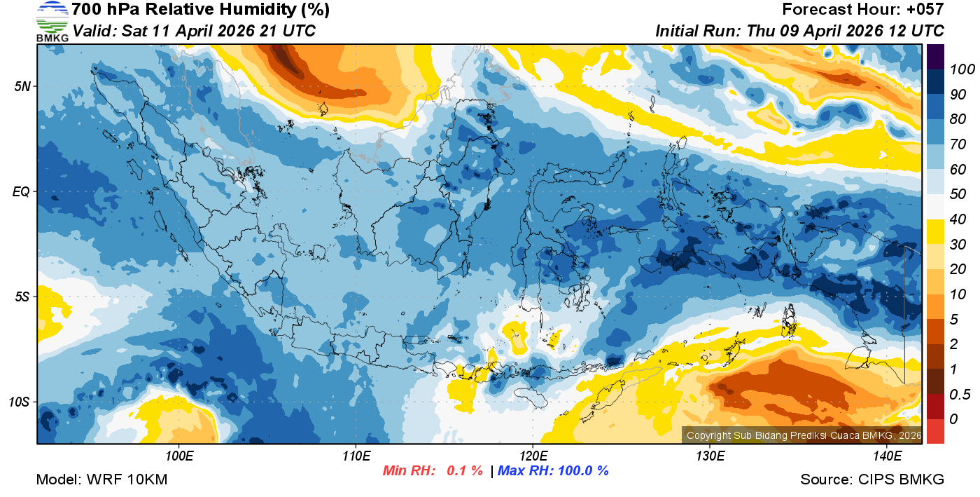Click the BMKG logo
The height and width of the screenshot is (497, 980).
click(52, 22)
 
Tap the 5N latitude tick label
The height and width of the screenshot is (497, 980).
click(22, 86)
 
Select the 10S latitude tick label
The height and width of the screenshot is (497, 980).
click(19, 402)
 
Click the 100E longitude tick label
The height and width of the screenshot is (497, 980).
click(179, 456)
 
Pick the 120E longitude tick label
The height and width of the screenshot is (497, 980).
click(533, 456)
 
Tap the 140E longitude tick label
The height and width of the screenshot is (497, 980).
click(887, 456)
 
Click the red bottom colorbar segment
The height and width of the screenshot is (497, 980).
click(935, 430)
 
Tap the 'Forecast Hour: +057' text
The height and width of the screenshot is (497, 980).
click(863, 10)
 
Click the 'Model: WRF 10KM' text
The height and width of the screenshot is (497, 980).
click(101, 479)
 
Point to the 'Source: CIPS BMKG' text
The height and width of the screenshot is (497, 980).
click(872, 479)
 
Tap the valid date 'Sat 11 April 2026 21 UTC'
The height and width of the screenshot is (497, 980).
click(218, 31)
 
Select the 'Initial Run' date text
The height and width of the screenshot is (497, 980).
click(799, 31)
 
